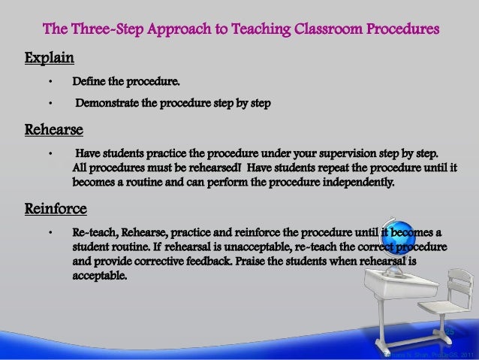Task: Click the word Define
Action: [x=89, y=80]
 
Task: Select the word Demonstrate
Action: [x=109, y=101]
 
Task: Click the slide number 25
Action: [x=449, y=331]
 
